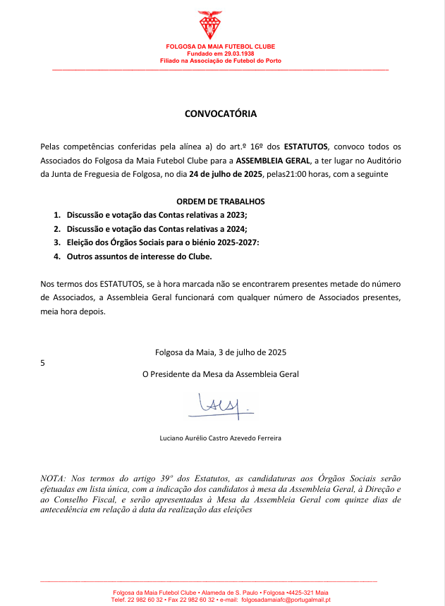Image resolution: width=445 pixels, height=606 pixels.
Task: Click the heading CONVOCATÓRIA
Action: pos(221,113)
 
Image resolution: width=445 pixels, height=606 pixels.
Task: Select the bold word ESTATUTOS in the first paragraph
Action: pos(306,147)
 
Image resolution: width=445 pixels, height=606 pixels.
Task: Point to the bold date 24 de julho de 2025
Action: pos(220,174)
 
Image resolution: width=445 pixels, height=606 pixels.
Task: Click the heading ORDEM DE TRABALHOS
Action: pos(221,202)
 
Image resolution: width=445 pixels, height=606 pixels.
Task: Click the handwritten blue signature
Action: pos(219,404)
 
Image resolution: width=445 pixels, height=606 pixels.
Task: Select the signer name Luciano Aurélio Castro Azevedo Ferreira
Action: pos(221,438)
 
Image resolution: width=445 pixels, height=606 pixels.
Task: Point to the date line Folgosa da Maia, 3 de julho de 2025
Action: pos(221,352)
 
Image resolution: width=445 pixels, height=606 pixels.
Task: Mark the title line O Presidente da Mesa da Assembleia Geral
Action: pos(221,374)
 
